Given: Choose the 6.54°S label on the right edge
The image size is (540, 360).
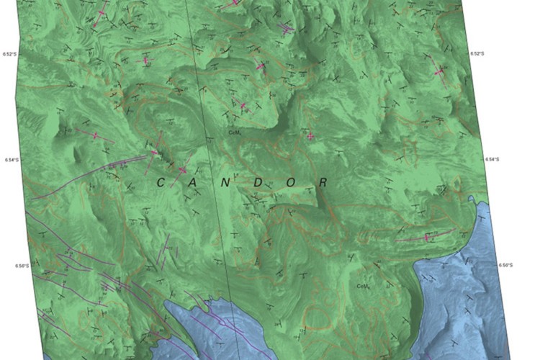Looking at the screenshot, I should [492, 159].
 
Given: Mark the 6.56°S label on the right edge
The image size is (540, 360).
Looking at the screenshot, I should [506, 265].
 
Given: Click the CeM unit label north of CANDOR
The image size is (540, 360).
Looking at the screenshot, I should [233, 132].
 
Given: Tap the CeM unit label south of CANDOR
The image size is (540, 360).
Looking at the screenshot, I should [363, 286].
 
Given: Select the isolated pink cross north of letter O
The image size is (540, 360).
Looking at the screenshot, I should [310, 135].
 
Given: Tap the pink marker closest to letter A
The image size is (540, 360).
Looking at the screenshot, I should [182, 170].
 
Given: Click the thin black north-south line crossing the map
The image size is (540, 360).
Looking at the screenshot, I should [209, 144].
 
